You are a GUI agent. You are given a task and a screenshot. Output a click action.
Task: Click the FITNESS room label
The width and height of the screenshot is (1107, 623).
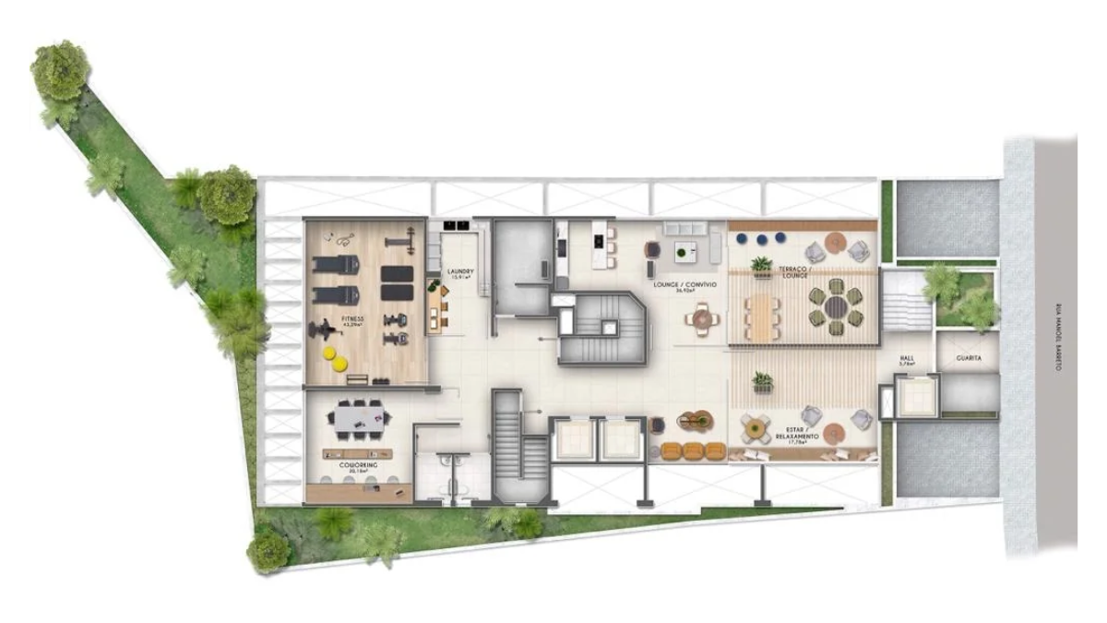352,320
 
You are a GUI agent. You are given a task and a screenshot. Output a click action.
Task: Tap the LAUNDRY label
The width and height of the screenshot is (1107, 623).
460,273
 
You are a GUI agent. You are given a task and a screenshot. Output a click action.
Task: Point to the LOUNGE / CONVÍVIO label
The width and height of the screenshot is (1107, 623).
684,286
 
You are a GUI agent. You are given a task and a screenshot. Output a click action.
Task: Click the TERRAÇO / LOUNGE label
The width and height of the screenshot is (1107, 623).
795,271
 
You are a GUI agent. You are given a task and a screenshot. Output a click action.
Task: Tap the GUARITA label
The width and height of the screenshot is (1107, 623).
969,357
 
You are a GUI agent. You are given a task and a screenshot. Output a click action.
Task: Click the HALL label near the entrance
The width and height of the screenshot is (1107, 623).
908,360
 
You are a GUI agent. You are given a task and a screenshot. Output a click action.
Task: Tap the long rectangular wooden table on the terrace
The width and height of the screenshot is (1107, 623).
762,317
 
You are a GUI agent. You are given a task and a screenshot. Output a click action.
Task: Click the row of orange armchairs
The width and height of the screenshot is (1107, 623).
694,450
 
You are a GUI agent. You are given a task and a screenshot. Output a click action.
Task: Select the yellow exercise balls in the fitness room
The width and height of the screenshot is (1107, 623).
334,358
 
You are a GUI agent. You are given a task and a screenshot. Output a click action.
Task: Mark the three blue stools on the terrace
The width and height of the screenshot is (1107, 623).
760,238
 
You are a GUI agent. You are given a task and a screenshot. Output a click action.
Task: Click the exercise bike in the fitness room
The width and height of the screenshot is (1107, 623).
326,329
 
